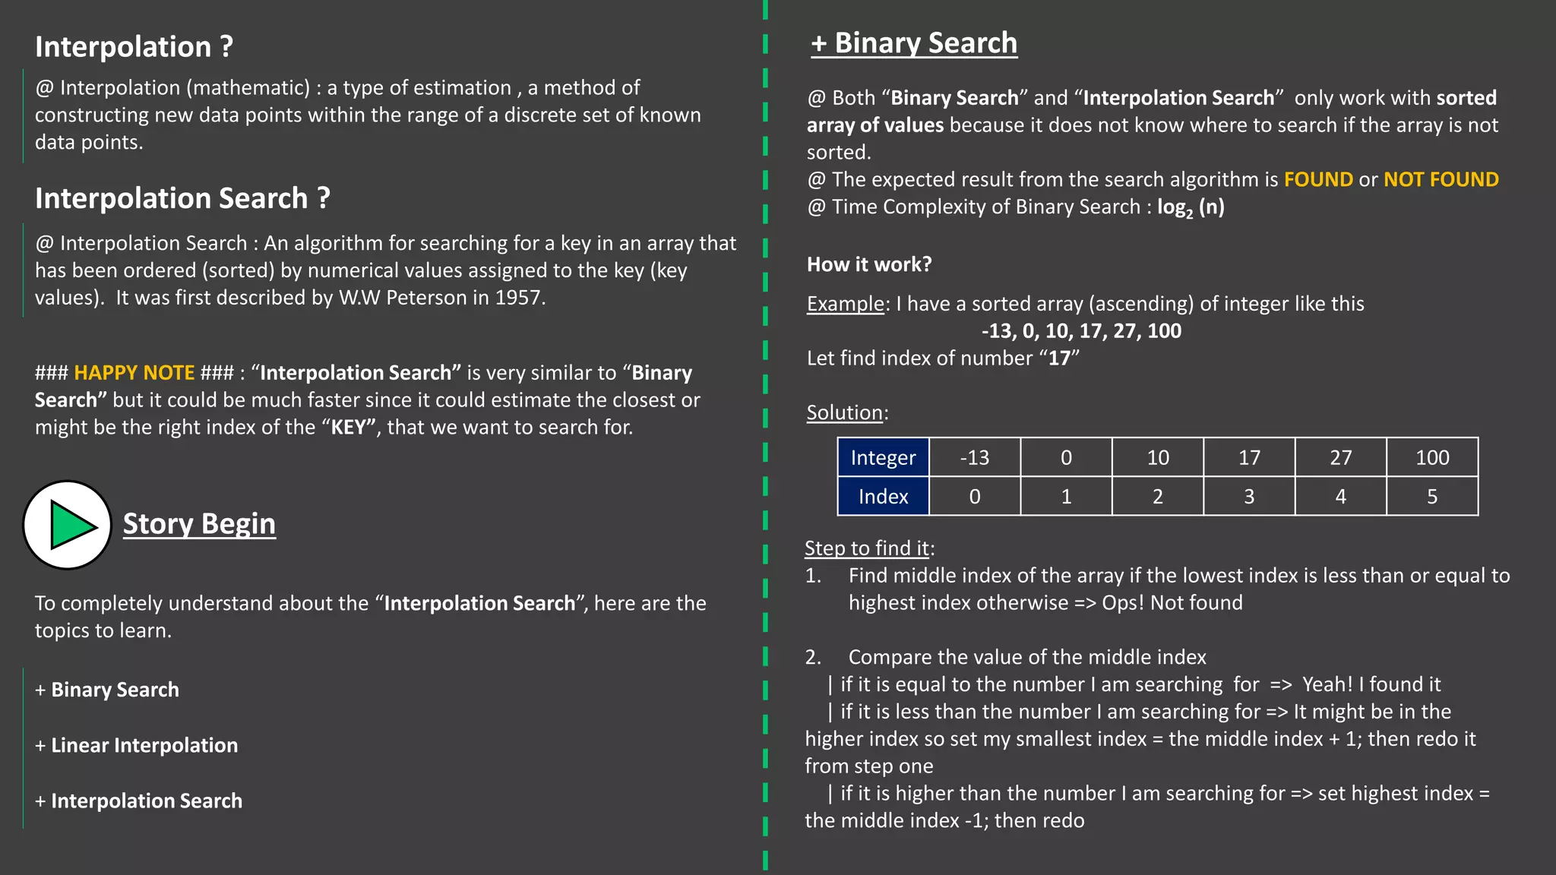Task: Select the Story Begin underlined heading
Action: [199, 524]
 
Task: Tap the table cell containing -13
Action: [975, 457]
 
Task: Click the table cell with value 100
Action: [1432, 457]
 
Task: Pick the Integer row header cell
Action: [883, 457]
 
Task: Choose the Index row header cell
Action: [883, 497]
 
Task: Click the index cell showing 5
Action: [1432, 497]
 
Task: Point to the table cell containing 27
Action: [1340, 457]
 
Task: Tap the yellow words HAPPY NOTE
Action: [134, 373]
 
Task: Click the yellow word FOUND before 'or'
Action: [1318, 180]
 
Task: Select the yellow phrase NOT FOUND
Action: [1441, 180]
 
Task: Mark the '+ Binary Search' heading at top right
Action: [914, 43]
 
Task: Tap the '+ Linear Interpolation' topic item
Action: [137, 745]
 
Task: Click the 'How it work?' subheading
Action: [869, 264]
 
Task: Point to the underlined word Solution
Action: [844, 412]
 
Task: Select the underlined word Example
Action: [846, 304]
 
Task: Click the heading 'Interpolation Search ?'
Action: [182, 198]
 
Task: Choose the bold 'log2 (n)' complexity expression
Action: [1191, 207]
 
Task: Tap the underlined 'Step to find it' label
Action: [867, 548]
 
